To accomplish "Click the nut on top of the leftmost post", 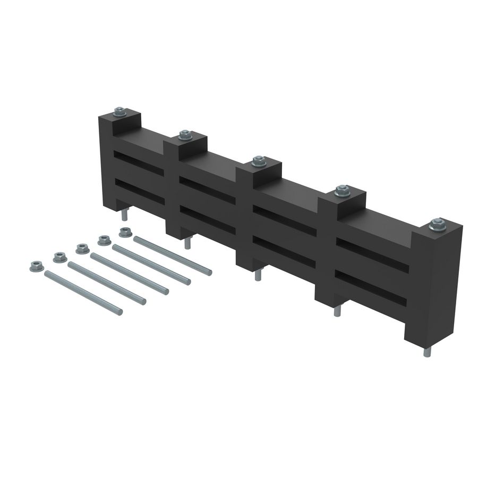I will [x=120, y=112].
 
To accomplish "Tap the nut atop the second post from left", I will [x=185, y=135].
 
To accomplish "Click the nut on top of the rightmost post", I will [x=437, y=224].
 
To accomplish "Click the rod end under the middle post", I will [x=258, y=275].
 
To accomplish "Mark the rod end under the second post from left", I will [x=187, y=243].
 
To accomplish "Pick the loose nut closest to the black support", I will [x=125, y=232].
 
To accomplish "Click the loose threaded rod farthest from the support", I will [x=83, y=293].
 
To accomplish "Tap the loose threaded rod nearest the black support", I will [x=172, y=256].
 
